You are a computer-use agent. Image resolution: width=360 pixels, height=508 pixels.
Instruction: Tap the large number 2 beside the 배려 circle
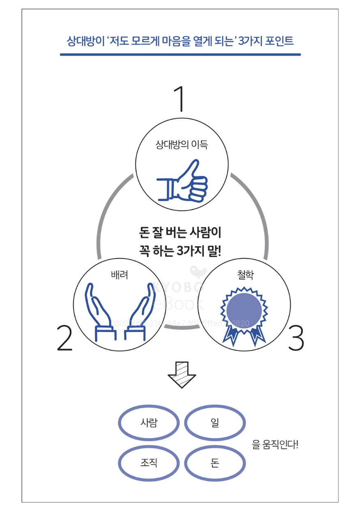click(x=65, y=338)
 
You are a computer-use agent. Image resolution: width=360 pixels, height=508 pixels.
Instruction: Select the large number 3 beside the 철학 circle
click(x=296, y=338)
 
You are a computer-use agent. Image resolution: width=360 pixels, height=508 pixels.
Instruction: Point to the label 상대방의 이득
click(x=182, y=144)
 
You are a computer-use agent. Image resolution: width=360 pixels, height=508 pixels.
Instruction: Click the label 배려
click(x=120, y=275)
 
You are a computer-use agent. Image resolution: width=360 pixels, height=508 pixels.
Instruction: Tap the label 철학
click(x=245, y=275)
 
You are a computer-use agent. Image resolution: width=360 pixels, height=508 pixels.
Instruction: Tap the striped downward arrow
click(x=182, y=374)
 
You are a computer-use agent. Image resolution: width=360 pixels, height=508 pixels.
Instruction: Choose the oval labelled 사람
click(x=149, y=423)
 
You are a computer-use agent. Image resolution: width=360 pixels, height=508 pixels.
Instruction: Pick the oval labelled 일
click(x=215, y=423)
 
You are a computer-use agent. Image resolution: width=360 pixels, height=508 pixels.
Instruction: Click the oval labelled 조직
click(x=149, y=463)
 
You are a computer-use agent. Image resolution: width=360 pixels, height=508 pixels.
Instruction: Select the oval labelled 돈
click(x=215, y=463)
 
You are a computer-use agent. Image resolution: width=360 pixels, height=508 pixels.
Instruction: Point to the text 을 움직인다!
click(x=275, y=444)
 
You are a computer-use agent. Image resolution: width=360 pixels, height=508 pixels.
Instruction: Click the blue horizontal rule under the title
click(x=180, y=54)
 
